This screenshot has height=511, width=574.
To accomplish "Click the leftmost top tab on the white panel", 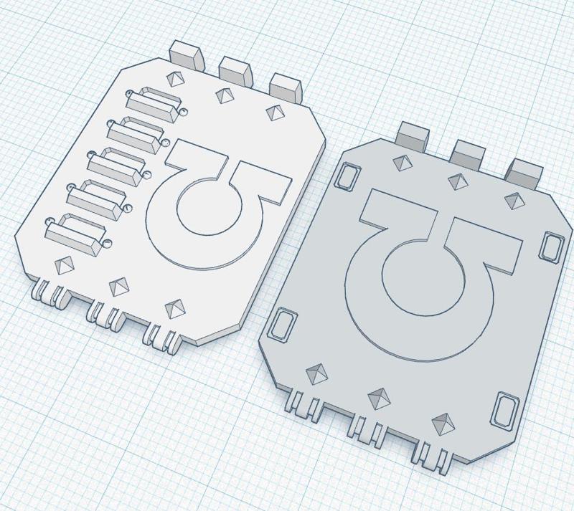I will [184, 53].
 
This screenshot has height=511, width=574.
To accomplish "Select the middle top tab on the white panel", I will [235, 68].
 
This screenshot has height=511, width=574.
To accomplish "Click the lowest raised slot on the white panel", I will [75, 236].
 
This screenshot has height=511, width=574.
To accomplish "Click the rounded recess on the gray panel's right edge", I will [552, 246].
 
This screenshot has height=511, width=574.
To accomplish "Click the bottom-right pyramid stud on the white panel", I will [174, 308].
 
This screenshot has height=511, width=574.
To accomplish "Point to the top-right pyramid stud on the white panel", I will [273, 112].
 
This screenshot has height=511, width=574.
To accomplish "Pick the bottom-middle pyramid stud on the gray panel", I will [378, 396].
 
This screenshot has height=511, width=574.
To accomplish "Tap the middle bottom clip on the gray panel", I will [363, 428].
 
